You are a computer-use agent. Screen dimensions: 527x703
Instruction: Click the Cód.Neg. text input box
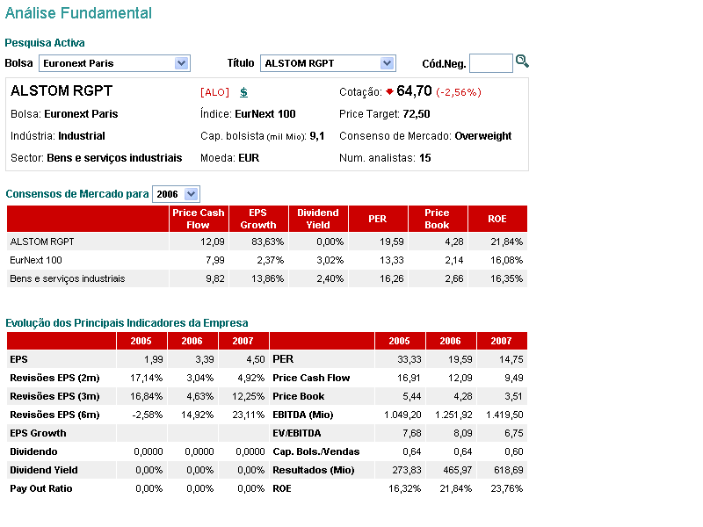point(490,63)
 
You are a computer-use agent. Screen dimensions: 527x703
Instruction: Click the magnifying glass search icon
point(522,61)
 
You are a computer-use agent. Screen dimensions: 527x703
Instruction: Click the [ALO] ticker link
point(214,92)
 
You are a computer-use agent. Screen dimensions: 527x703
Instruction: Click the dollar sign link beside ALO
point(243,92)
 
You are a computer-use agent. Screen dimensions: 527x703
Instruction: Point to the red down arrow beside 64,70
point(389,91)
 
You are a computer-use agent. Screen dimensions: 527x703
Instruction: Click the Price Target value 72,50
point(417,114)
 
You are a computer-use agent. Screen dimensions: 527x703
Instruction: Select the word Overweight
point(482,136)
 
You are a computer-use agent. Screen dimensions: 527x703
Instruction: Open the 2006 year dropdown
point(176,194)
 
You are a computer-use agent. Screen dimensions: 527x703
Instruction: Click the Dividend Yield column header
point(318,219)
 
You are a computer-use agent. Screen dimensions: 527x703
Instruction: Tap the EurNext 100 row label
point(36,260)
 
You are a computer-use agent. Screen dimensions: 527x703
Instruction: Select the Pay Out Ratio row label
point(41,488)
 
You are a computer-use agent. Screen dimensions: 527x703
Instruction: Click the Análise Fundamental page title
point(78,13)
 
